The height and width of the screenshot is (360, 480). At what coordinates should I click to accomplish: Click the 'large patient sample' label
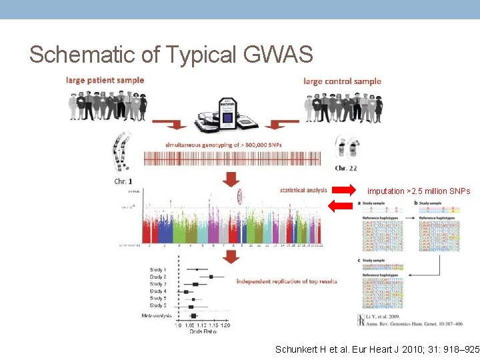point(105,80)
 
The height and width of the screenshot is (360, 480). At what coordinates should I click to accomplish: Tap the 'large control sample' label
point(342,81)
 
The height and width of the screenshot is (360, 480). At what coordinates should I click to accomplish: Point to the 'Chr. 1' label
point(124,181)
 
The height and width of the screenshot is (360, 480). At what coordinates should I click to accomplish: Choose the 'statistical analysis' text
point(303,190)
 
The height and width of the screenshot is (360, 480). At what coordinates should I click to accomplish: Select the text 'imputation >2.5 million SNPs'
point(419,191)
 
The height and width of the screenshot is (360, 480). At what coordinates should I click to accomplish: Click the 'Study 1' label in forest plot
point(158,269)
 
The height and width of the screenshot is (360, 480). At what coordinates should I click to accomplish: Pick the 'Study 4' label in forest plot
point(158,291)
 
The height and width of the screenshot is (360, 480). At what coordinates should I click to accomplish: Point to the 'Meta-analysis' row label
point(156,315)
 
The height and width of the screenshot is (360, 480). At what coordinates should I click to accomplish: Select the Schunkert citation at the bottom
point(377,349)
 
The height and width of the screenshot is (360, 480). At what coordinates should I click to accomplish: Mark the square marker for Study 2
point(211,277)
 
